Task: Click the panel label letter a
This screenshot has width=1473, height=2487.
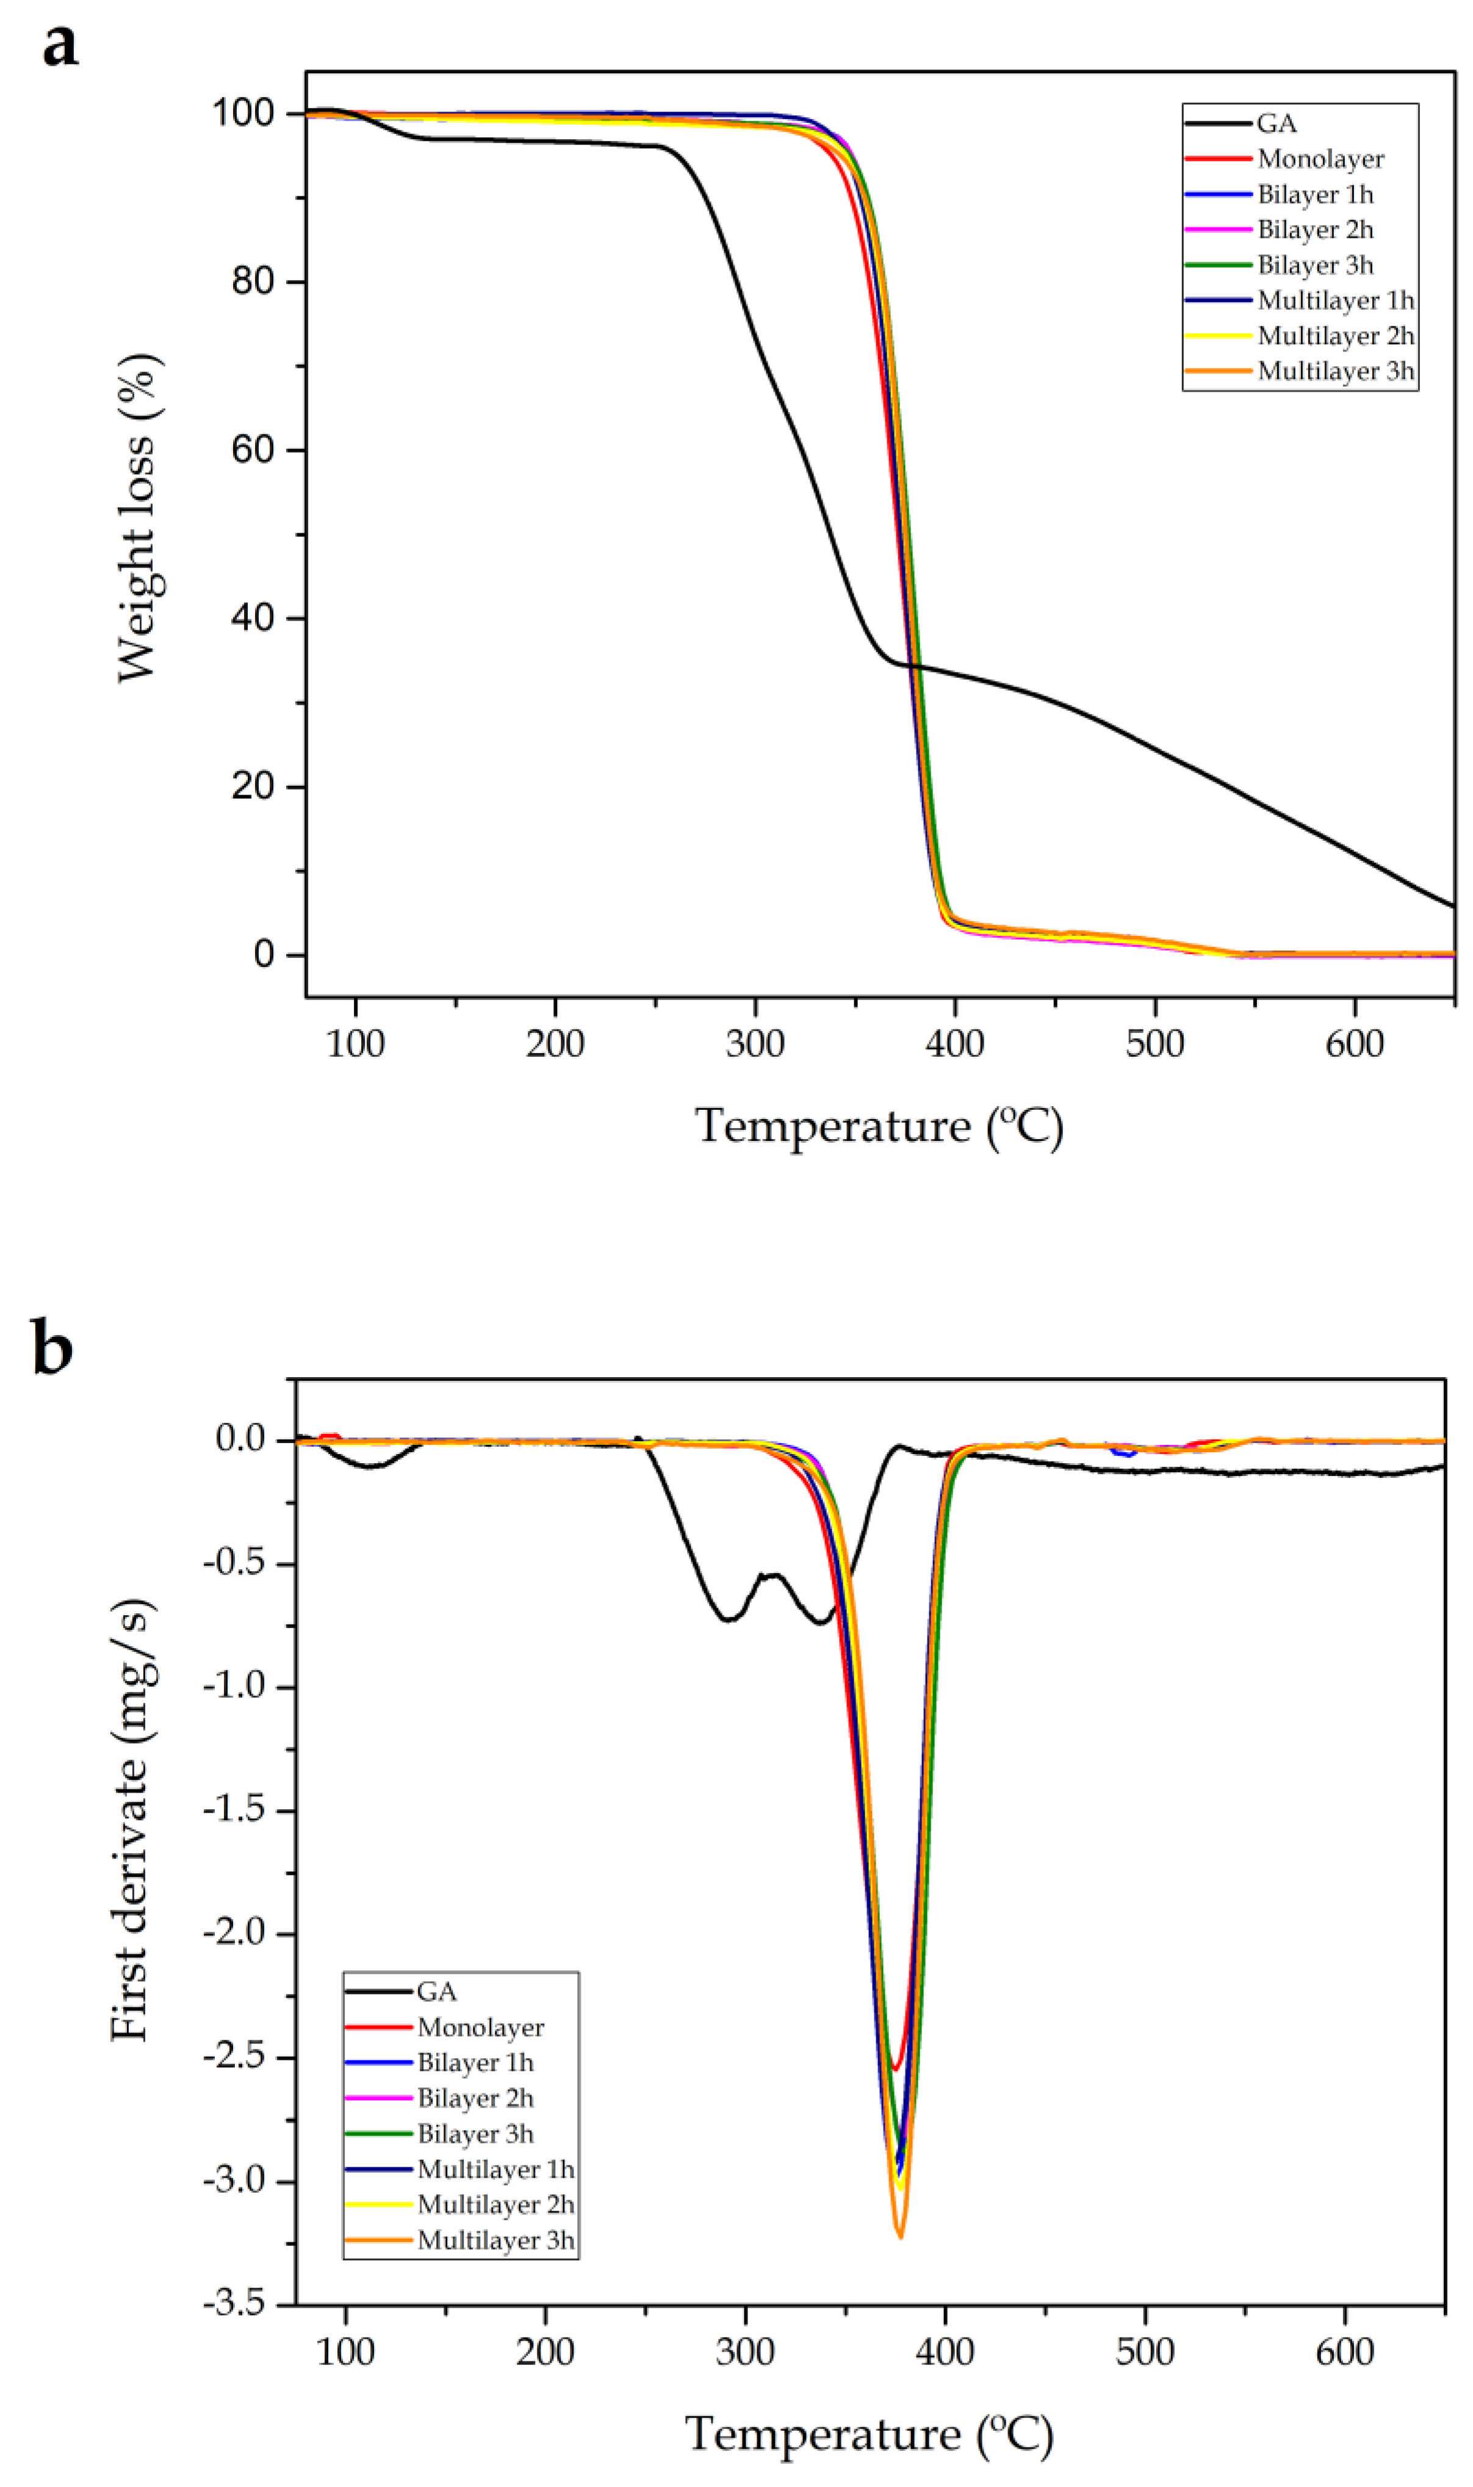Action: [60, 45]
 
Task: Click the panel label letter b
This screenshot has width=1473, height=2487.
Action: [52, 1348]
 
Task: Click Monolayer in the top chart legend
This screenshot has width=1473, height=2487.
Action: [1319, 159]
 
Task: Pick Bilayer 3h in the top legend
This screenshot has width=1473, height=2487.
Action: [1314, 265]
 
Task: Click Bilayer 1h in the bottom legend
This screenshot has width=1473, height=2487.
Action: [475, 2063]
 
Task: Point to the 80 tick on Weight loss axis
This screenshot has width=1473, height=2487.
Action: [253, 282]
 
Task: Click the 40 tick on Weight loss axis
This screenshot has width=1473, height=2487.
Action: [253, 618]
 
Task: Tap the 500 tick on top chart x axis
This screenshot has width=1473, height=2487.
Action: [1154, 1044]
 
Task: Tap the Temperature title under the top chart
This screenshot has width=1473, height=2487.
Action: [879, 1126]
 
